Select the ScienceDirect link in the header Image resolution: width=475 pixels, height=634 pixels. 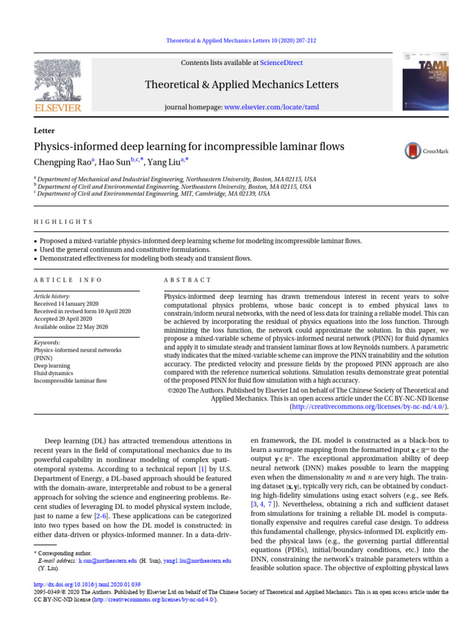281,63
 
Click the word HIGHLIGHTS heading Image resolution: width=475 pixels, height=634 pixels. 63,222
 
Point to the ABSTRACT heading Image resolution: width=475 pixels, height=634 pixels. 187,280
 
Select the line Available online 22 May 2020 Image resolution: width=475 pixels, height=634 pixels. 71,326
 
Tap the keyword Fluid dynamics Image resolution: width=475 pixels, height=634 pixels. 54,373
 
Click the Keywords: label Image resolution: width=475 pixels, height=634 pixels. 47,342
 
